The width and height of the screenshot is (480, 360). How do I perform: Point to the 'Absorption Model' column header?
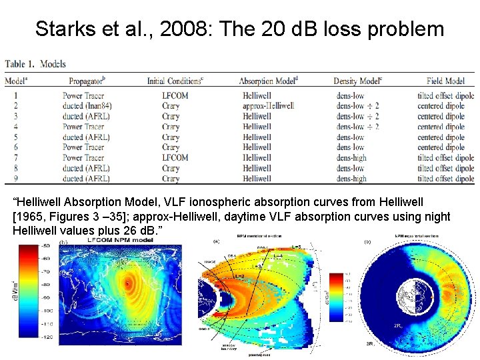pos(269,81)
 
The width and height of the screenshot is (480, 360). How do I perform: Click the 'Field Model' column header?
pos(446,81)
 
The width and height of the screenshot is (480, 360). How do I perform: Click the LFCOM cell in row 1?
pos(175,95)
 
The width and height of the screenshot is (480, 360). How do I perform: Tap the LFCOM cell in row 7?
pos(175,157)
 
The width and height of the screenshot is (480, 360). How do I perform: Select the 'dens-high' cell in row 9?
pos(351,179)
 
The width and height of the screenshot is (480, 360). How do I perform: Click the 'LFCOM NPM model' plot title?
pos(121,239)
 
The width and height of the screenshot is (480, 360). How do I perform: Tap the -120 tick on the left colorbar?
pos(46,338)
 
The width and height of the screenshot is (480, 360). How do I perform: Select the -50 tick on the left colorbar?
pos(46,246)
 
